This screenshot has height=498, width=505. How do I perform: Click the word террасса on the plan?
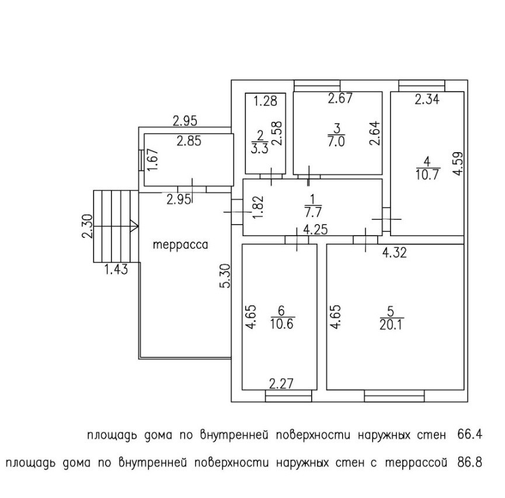(180, 246)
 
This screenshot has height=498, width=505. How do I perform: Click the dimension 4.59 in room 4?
(459, 164)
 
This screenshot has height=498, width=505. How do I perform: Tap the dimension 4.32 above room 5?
(394, 252)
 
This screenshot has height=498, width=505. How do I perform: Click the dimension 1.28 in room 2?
(264, 101)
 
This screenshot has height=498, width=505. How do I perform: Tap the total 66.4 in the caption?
(470, 435)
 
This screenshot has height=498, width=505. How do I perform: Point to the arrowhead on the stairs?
(134, 225)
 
